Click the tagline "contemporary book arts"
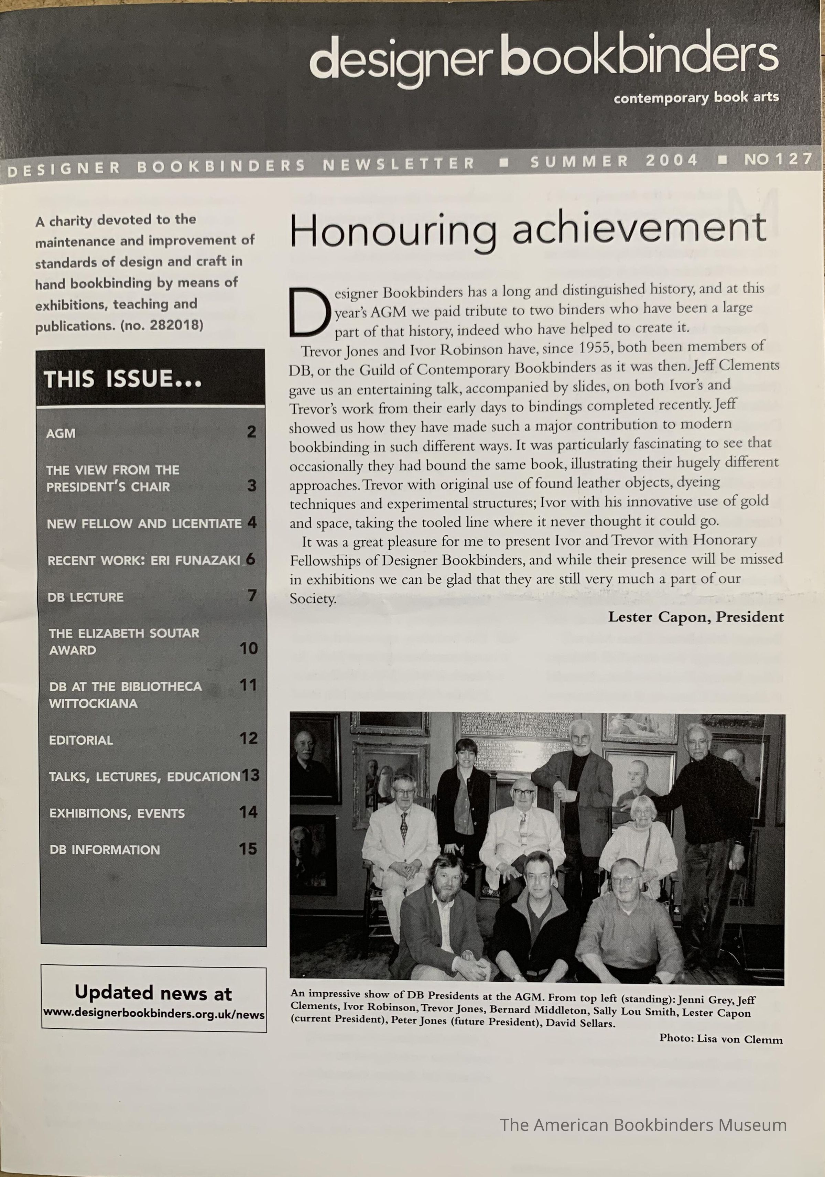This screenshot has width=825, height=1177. click(x=696, y=97)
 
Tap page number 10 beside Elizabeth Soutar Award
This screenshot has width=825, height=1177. click(x=249, y=648)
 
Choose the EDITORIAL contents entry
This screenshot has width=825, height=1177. click(x=81, y=740)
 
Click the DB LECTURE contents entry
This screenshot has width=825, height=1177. click(x=86, y=597)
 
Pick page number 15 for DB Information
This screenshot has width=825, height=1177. click(x=248, y=849)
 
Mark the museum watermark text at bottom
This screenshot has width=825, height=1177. click(x=643, y=1125)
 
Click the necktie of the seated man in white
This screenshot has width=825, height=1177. click(x=404, y=827)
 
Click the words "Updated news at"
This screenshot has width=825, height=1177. click(x=153, y=993)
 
